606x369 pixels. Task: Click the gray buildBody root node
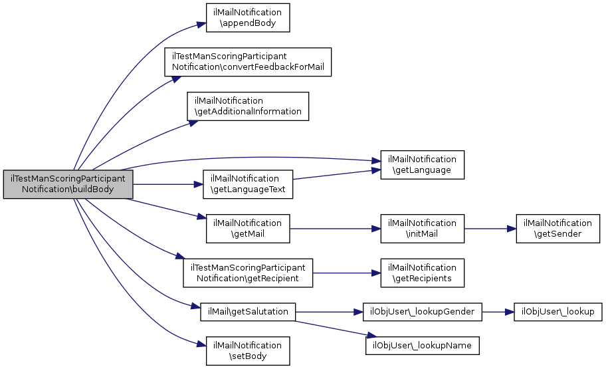click(x=68, y=184)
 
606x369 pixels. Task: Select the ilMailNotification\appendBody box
click(x=248, y=18)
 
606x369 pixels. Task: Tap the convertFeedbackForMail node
click(x=248, y=62)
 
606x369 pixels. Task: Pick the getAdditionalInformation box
click(x=248, y=106)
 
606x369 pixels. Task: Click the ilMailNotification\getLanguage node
click(x=423, y=165)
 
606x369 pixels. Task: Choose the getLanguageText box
click(x=248, y=184)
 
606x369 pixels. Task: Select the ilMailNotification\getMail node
click(x=248, y=229)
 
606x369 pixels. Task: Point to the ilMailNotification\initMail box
click(x=423, y=229)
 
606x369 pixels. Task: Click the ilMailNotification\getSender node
click(x=558, y=229)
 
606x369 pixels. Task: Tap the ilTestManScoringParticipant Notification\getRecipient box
click(x=248, y=273)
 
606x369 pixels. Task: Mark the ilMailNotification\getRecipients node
click(x=423, y=273)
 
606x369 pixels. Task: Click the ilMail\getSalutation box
click(x=248, y=312)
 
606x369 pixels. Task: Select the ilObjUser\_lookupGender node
click(x=423, y=312)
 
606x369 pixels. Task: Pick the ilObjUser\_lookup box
click(x=558, y=312)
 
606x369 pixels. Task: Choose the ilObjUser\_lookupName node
click(x=423, y=346)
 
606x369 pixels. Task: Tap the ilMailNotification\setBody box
click(x=248, y=351)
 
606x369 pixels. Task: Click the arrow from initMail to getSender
click(x=490, y=229)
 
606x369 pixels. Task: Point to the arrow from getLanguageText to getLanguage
click(x=337, y=174)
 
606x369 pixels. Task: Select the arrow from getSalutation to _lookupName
click(x=336, y=328)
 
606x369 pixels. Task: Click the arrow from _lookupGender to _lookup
click(x=498, y=312)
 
